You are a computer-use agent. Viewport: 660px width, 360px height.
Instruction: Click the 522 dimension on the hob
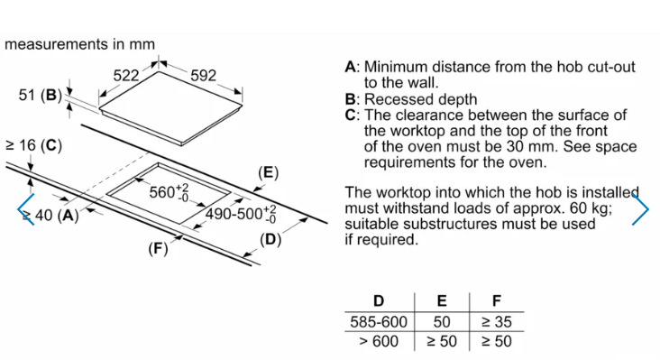click(126, 76)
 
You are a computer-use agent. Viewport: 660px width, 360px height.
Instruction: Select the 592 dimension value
click(203, 76)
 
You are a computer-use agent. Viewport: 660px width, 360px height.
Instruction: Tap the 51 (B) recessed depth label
click(40, 95)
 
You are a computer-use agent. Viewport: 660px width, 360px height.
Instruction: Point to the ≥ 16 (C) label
click(33, 145)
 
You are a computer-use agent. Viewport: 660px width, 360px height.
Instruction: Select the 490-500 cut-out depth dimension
click(241, 214)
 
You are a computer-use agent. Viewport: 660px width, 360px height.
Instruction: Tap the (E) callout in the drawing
click(268, 172)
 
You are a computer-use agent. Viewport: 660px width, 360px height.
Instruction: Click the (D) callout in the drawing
click(270, 240)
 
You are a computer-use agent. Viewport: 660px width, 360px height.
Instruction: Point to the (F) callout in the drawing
click(158, 248)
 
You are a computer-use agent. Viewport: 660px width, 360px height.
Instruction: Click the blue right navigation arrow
click(640, 208)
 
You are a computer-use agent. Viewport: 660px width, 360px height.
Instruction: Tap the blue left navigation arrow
click(25, 209)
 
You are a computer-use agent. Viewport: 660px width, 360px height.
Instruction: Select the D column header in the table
click(379, 301)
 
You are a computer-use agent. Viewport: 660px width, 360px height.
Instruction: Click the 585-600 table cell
click(379, 322)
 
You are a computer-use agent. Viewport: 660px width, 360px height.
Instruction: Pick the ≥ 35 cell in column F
click(497, 322)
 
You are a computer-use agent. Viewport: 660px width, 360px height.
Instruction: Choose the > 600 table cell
click(379, 341)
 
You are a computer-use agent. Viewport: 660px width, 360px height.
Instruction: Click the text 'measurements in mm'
click(79, 44)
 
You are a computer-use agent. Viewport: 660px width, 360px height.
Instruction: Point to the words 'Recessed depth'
click(420, 99)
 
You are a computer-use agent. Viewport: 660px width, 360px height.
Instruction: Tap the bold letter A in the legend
click(351, 67)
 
